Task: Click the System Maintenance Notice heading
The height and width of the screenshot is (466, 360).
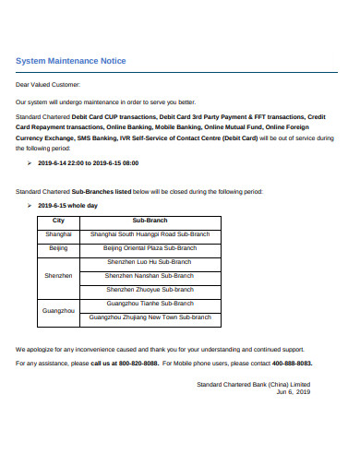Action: tap(71, 61)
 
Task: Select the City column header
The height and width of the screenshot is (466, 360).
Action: tap(58, 221)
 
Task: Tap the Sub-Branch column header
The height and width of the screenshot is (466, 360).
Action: tap(150, 221)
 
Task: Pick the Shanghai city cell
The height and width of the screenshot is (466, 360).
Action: tap(58, 234)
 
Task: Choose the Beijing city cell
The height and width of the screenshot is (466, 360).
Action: tap(58, 248)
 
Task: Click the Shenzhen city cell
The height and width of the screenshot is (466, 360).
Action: tap(58, 275)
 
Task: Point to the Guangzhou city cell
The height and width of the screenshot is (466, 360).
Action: tap(58, 310)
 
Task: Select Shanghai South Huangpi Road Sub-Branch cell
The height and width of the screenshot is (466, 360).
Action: tap(150, 234)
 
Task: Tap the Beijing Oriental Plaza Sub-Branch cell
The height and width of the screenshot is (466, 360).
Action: tap(150, 248)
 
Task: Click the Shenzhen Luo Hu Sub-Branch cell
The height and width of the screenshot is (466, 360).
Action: tap(150, 262)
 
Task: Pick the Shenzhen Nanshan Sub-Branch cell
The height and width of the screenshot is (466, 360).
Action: tap(150, 275)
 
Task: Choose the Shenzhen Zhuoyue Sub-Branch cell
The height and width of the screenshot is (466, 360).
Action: tap(150, 289)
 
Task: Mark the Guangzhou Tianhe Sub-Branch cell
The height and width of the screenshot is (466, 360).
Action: tap(150, 303)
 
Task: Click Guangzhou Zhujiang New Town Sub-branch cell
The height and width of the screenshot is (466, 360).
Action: tap(150, 317)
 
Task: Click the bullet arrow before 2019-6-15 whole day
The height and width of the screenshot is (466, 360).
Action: tap(30, 206)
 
